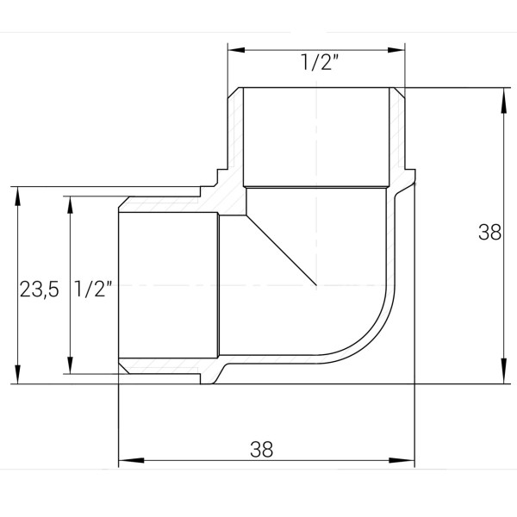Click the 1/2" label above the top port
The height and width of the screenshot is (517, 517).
click(315, 63)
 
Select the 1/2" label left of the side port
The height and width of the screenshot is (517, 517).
click(95, 290)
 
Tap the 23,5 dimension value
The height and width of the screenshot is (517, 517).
click(39, 290)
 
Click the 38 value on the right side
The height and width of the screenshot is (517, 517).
click(489, 232)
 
